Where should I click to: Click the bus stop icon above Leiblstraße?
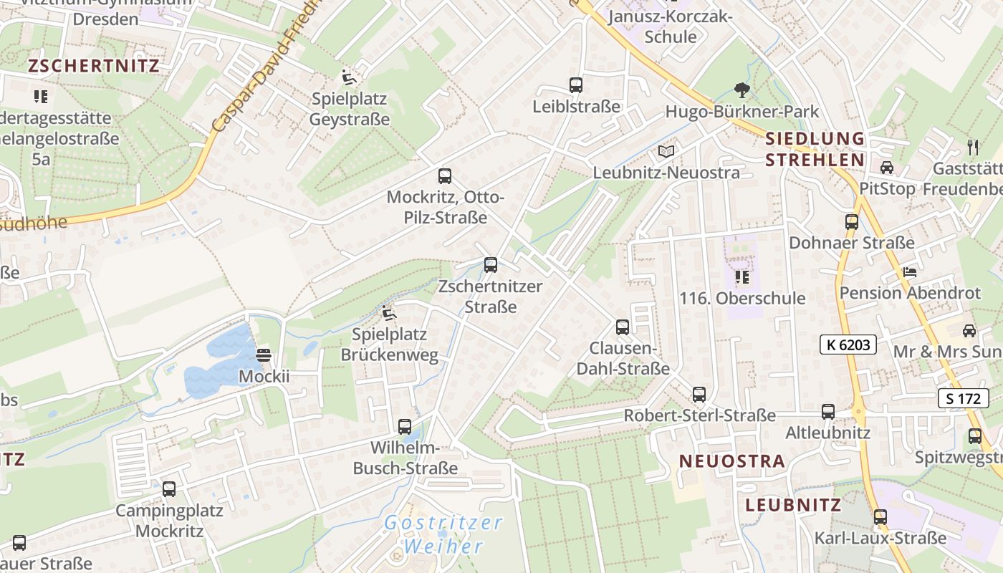575,85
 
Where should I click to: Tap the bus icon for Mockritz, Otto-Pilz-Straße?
444,176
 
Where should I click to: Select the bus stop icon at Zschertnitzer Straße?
491,265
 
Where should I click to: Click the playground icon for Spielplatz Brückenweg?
389,313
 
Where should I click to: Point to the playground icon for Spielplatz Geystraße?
350,77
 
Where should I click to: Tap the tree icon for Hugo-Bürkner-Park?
742,90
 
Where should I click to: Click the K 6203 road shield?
848,345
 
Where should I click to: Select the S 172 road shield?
963,398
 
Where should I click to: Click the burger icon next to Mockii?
264,355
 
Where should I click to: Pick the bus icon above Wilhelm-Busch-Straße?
405,427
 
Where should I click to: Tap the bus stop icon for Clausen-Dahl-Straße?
623,327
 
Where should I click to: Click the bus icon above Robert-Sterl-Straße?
699,395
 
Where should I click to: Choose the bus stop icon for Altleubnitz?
828,412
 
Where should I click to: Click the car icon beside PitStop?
887,168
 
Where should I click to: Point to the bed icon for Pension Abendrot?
909,272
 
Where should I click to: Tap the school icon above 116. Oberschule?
742,276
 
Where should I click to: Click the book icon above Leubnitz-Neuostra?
666,152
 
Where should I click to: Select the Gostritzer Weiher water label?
443,534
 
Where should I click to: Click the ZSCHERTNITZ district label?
93,66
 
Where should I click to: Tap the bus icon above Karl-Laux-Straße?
880,516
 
